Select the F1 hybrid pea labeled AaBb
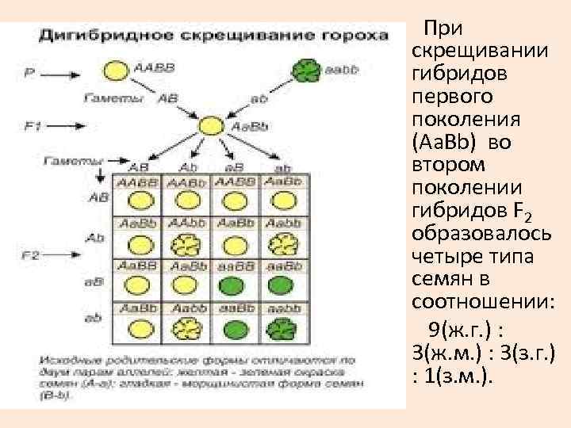click(212, 126)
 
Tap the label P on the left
click(30, 72)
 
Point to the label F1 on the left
click(33, 125)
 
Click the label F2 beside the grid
click(31, 255)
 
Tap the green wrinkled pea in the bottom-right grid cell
click(278, 327)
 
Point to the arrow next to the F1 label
click(72, 125)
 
